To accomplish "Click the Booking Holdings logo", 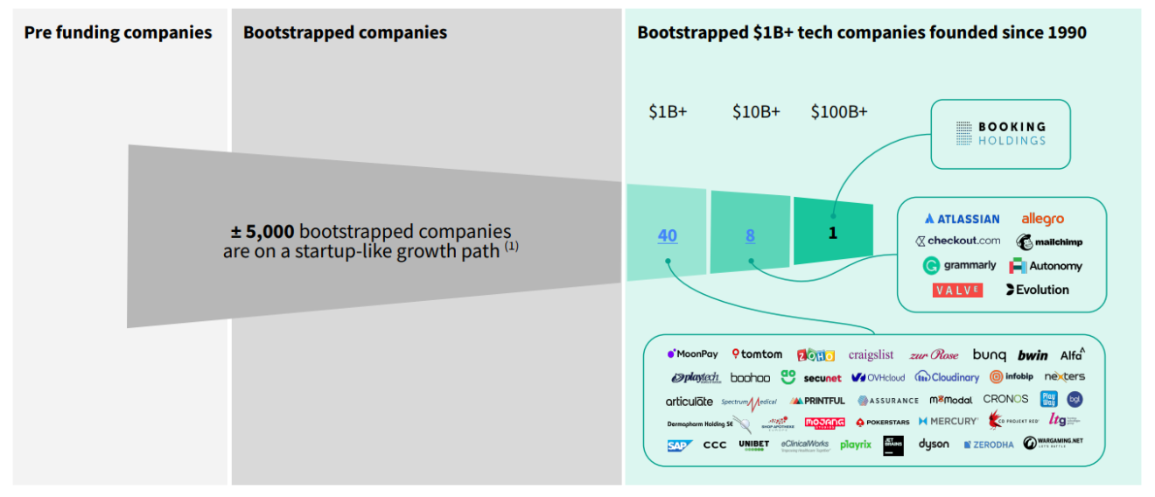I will (1000, 134).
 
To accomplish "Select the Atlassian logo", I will (962, 219).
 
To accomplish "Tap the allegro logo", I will (1042, 219).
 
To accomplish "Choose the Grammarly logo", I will (959, 265).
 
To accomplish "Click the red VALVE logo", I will (957, 290).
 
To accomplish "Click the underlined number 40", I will (667, 235).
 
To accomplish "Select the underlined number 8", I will (750, 235).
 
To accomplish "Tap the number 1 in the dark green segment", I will (832, 234).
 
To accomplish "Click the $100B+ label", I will (839, 112).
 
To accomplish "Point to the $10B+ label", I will (756, 112).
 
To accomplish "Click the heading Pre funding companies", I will (118, 33).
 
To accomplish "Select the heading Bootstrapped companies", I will (345, 33).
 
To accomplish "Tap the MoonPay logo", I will (692, 354).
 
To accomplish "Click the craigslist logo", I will (871, 354).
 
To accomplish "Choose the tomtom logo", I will (757, 354).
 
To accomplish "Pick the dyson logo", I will (934, 444).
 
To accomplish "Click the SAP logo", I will (680, 445).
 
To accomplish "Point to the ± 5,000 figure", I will (262, 232).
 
